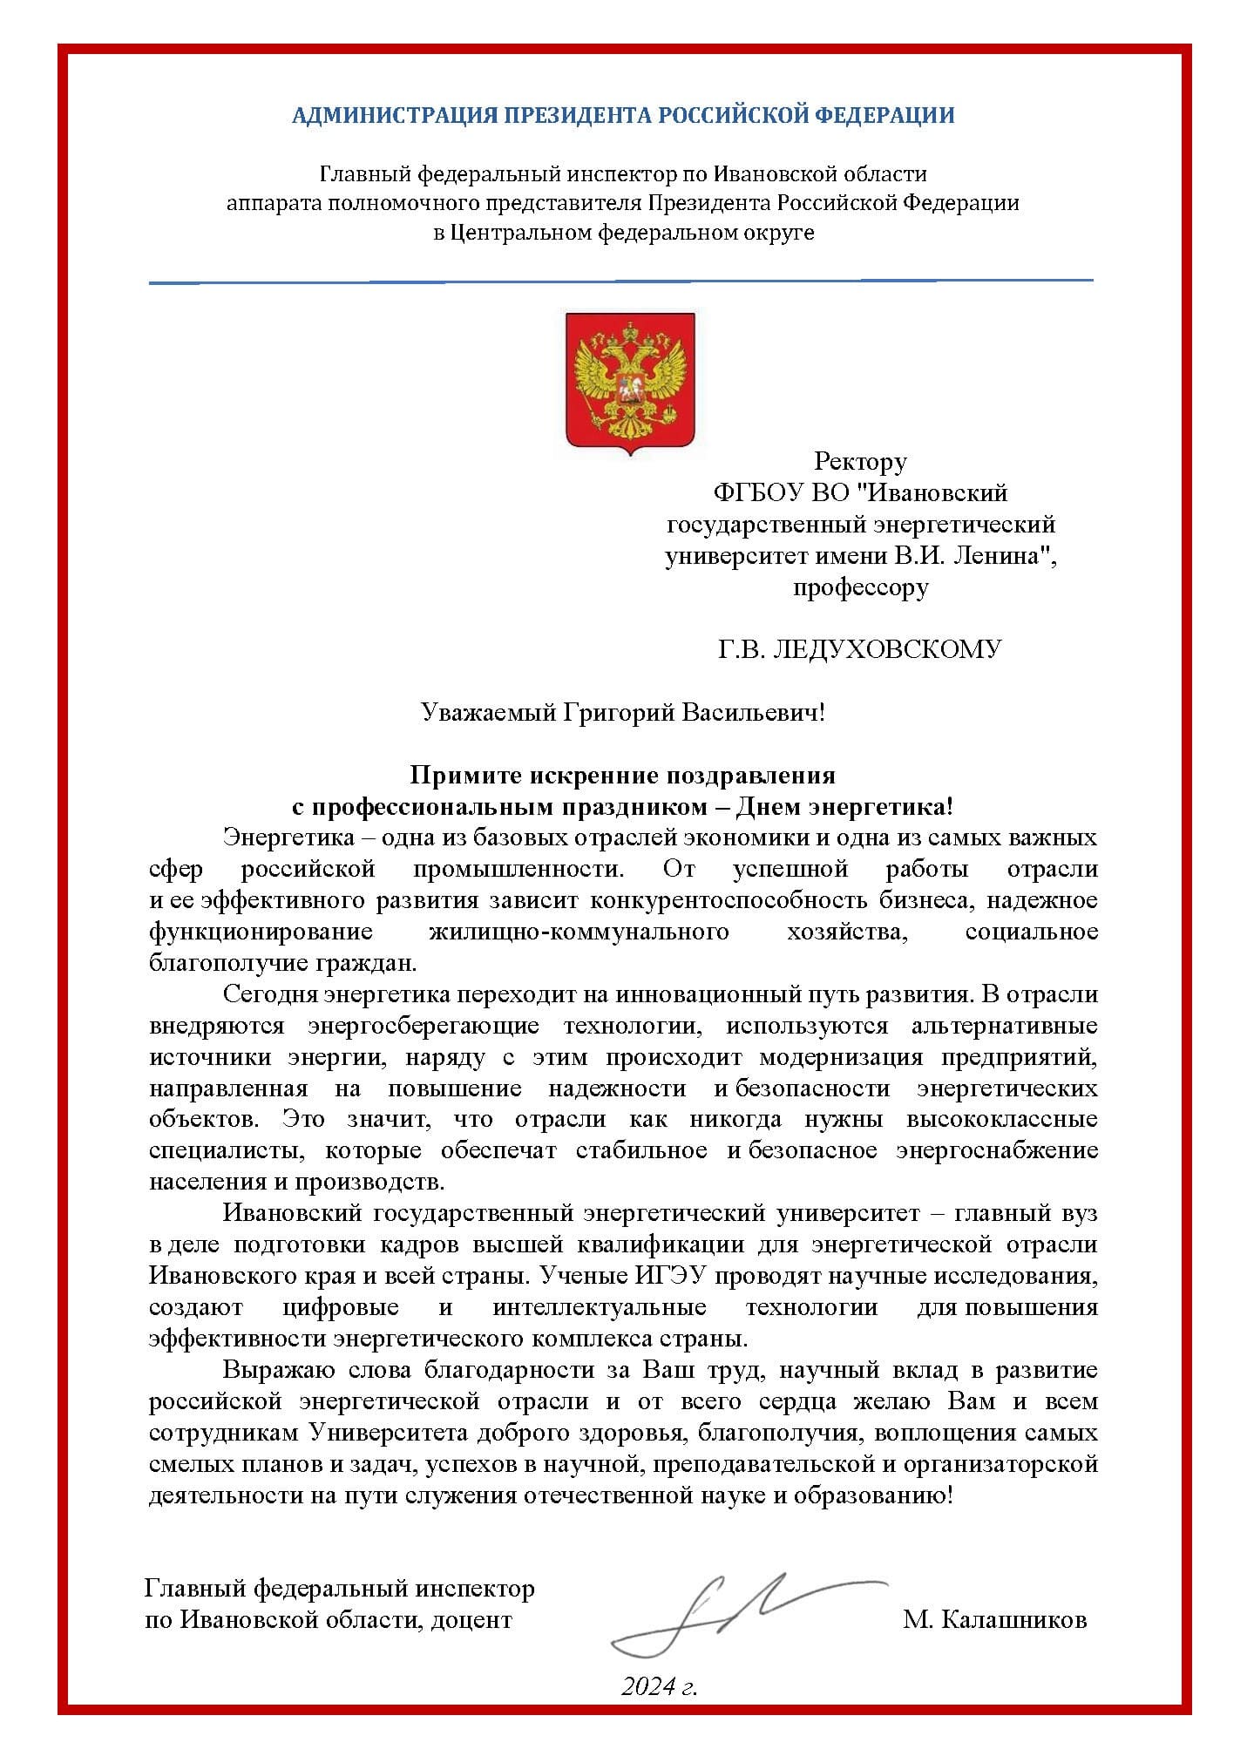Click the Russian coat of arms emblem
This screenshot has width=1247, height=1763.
[630, 383]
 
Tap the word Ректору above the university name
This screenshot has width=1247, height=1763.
[860, 460]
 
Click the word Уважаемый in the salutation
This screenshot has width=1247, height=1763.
[484, 713]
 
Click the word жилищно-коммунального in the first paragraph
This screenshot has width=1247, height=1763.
[579, 932]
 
